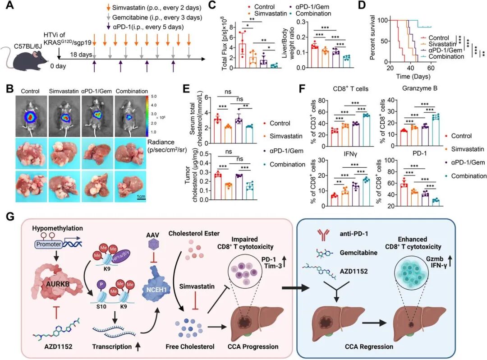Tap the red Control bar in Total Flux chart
pyautogui.click(x=230, y=55)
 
